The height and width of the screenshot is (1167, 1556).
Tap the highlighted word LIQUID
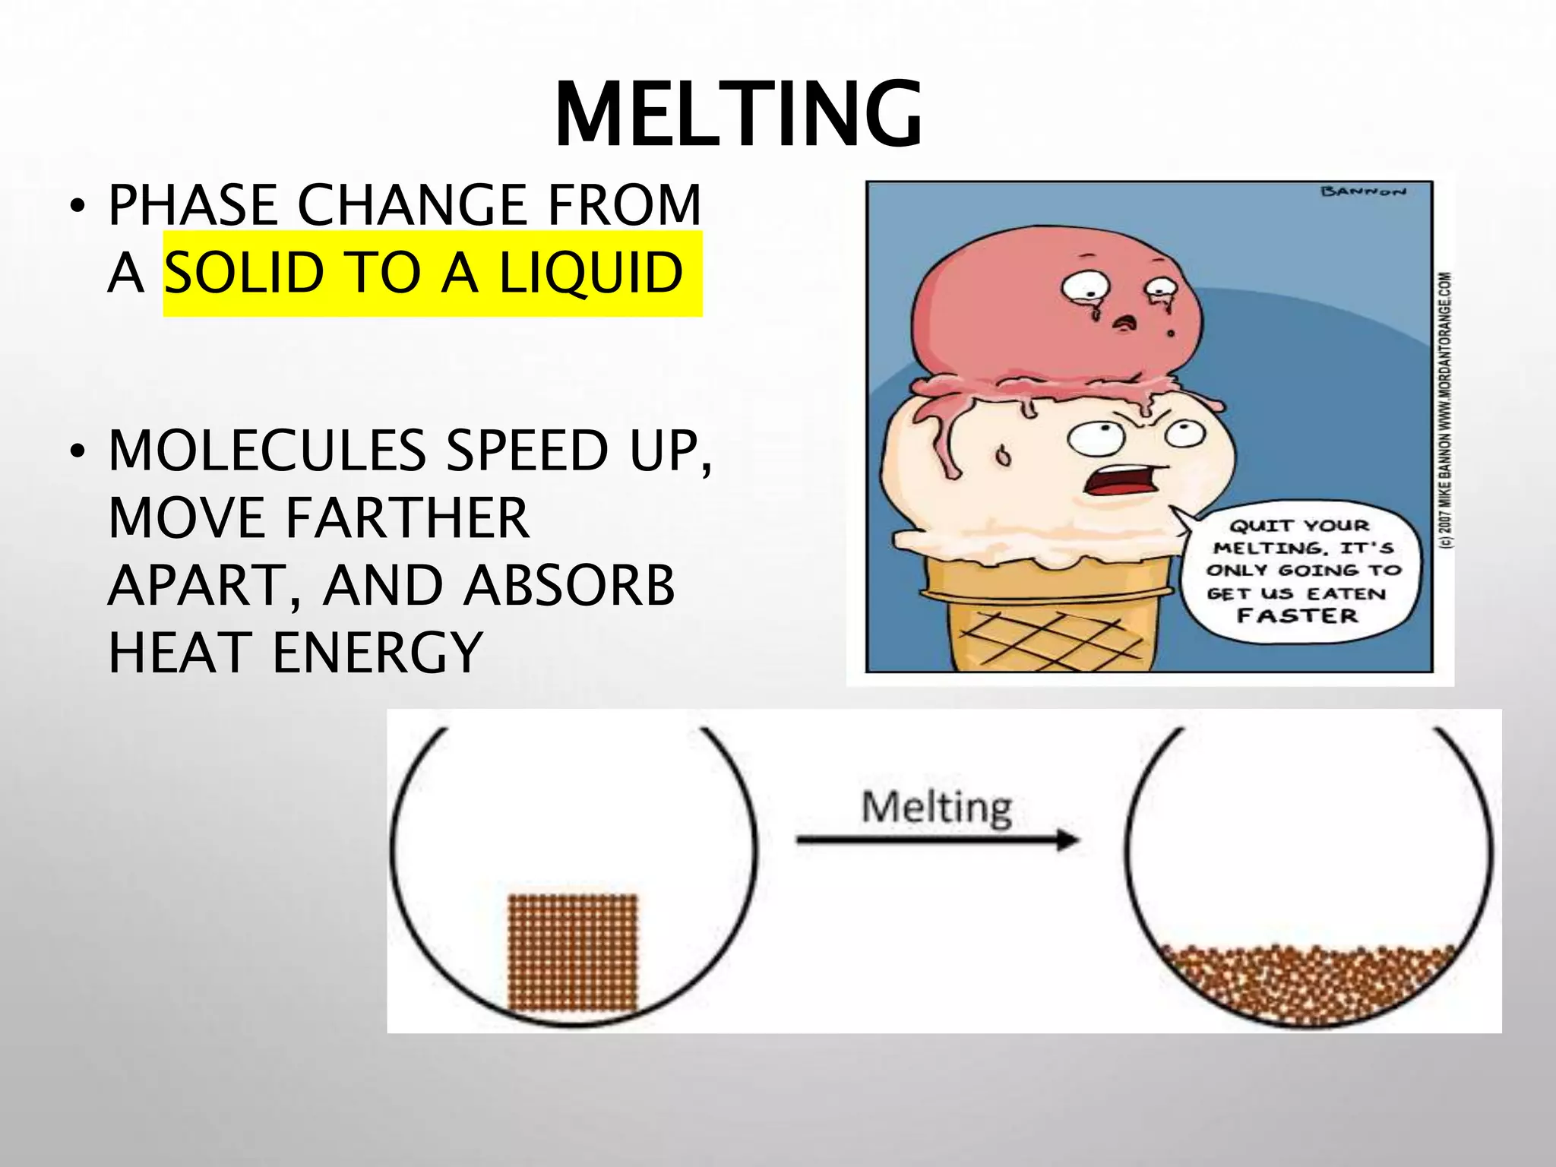590,273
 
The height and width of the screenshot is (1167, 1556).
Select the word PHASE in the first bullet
193,205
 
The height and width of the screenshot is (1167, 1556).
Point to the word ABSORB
569,586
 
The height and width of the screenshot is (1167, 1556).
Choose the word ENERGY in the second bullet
377,653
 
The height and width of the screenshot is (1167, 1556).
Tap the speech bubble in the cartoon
1298,571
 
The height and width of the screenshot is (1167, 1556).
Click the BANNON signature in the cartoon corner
1364,191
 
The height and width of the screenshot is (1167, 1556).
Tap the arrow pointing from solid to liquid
938,840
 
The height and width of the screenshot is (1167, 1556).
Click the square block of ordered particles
572,953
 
